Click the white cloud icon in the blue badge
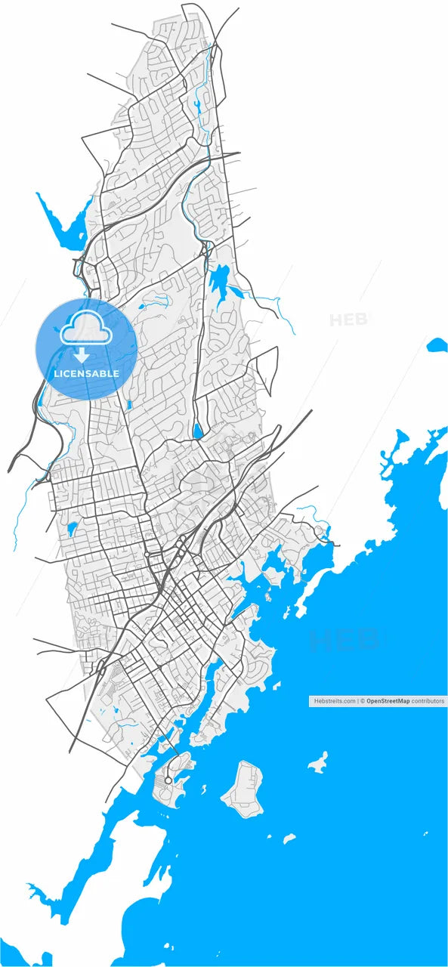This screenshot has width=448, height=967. pyautogui.click(x=87, y=329)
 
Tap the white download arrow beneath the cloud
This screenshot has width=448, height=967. pyautogui.click(x=82, y=355)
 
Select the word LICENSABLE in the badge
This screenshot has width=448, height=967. pyautogui.click(x=86, y=373)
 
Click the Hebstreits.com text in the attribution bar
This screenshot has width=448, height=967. pyautogui.click(x=334, y=701)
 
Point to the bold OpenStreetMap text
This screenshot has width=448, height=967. pyautogui.click(x=388, y=701)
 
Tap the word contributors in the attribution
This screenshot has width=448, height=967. pyautogui.click(x=428, y=701)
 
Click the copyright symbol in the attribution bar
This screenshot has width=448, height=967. pyautogui.click(x=363, y=701)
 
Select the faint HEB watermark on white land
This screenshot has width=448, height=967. pyautogui.click(x=348, y=320)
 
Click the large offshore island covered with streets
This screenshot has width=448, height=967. pyautogui.click(x=244, y=789)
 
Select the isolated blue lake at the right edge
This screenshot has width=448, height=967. pyautogui.click(x=437, y=346)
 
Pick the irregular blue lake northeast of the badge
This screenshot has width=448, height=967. pyautogui.click(x=221, y=283)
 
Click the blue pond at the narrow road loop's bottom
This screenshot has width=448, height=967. pyautogui.click(x=198, y=431)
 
